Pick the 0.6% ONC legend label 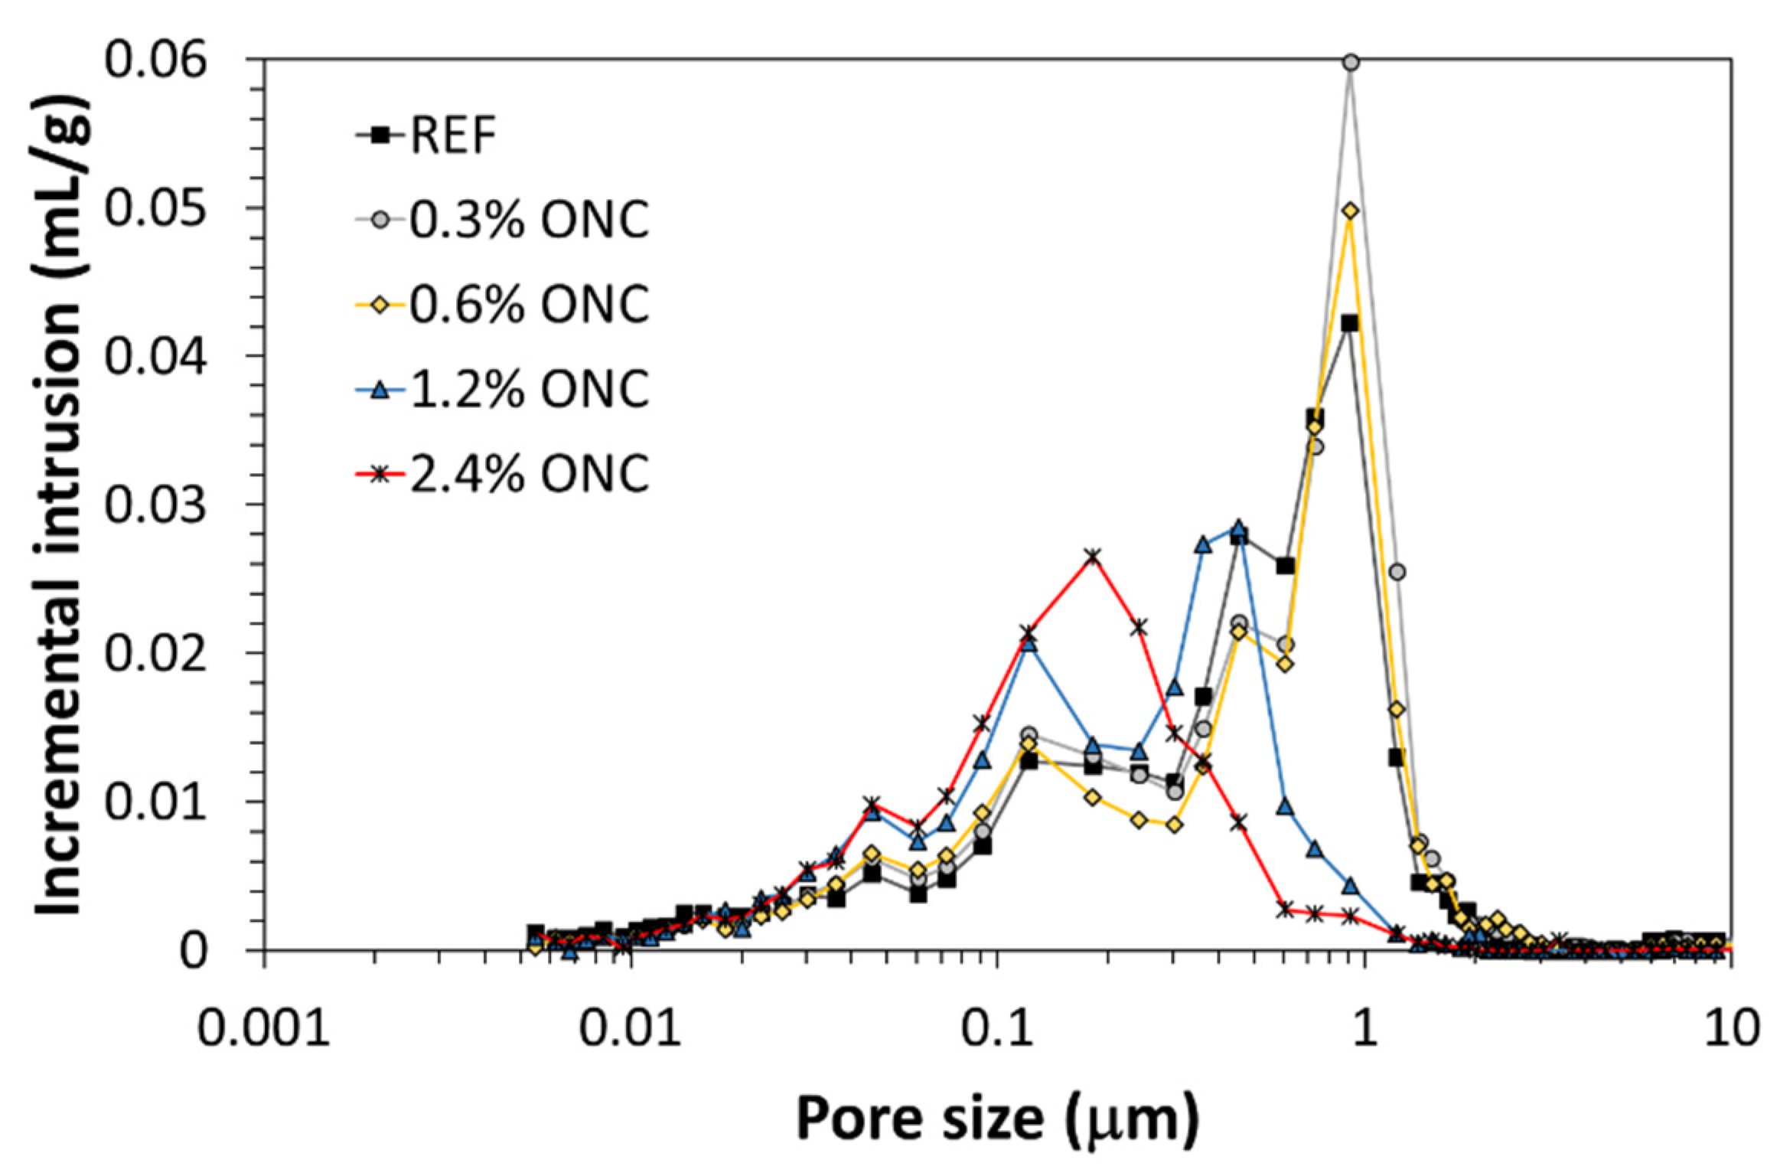point(528,304)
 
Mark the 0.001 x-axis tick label point(264,1028)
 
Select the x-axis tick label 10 point(1731,1028)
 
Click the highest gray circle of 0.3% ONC point(1351,63)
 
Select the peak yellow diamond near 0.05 point(1351,211)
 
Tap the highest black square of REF point(1350,323)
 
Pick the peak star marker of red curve point(1093,556)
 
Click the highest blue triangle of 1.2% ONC point(1239,528)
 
